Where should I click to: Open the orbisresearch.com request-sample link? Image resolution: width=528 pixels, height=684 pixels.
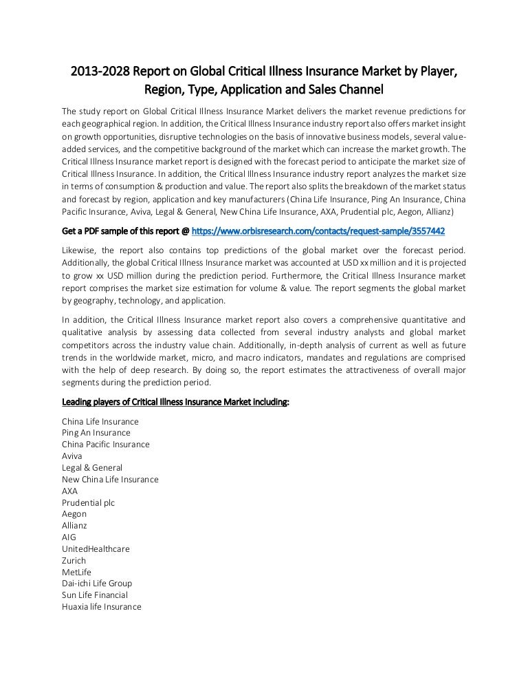point(329,231)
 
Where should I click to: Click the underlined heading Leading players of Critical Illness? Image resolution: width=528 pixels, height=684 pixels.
point(175,403)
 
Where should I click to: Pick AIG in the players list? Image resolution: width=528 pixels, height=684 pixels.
point(69,537)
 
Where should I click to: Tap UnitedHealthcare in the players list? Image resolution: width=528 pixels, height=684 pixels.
point(96,549)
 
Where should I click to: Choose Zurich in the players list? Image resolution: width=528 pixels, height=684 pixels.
point(74,561)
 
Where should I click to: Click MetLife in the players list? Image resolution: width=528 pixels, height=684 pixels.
point(76,573)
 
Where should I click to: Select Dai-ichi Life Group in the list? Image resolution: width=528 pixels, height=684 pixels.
point(97,584)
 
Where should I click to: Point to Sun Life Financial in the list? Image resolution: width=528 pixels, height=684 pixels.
point(95,595)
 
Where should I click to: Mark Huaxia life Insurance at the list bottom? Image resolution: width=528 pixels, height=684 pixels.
point(101,607)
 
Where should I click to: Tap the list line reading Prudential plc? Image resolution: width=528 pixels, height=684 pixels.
point(88,502)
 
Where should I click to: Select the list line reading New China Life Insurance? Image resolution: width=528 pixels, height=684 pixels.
point(110,480)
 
